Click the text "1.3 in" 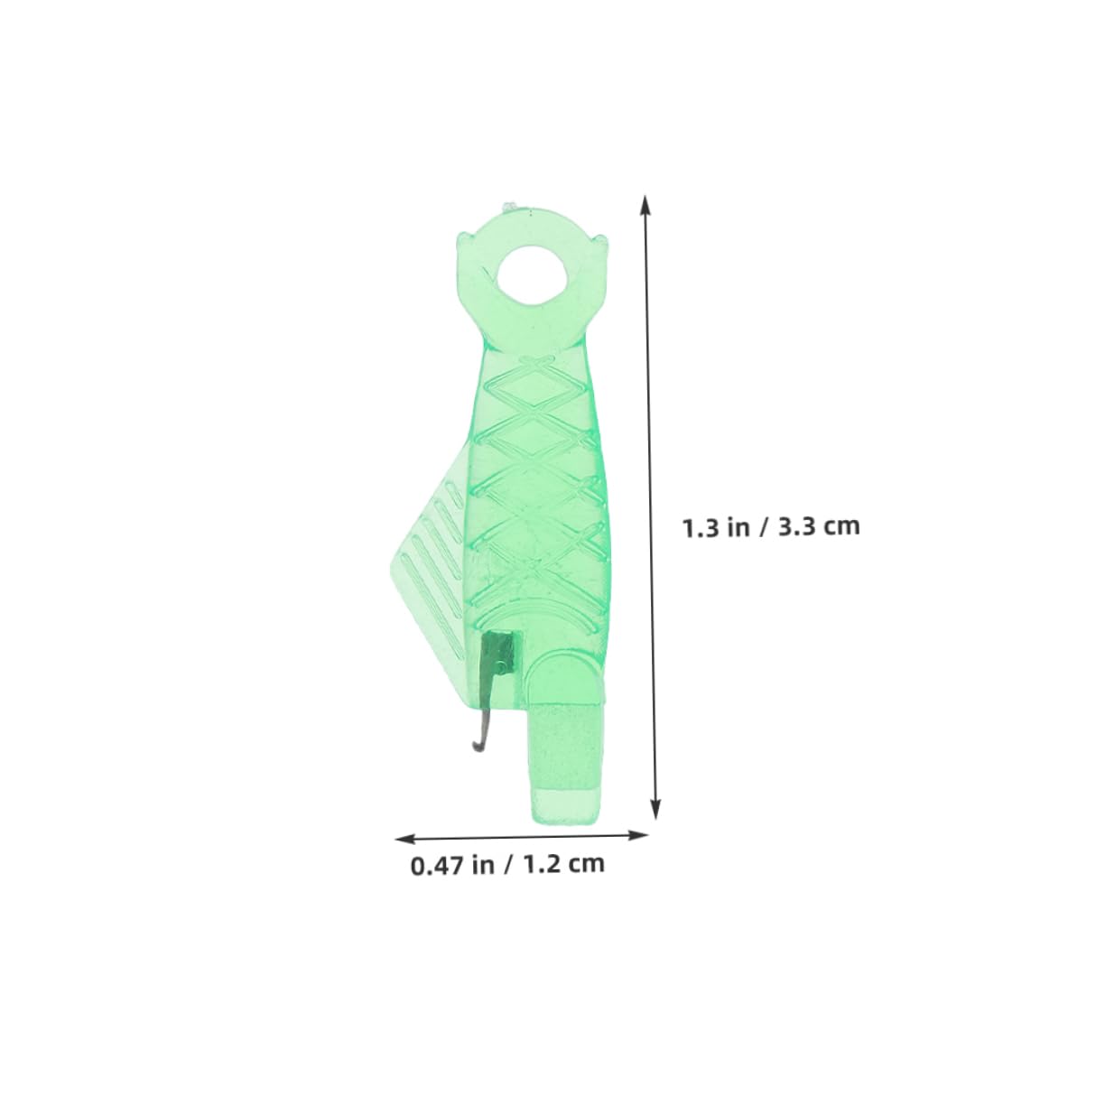click(715, 526)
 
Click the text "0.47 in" click(451, 865)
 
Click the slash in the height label click(765, 526)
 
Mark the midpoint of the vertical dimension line click(651, 506)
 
